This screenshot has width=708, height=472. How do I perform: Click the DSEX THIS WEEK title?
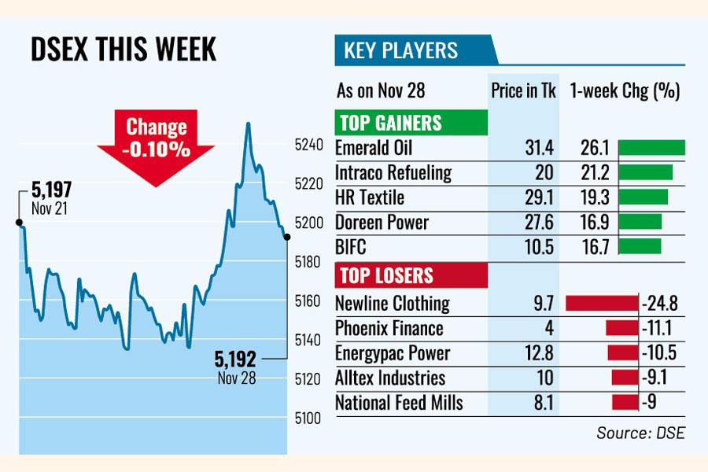pos(123,50)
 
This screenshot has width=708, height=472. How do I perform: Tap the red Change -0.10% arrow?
pos(157,142)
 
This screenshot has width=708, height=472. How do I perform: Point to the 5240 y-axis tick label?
pos(308,145)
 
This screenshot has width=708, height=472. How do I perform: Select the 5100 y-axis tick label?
pos(308,418)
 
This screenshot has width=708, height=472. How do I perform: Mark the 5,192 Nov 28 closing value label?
pos(236,367)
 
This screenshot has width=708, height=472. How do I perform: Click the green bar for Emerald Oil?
pos(651,148)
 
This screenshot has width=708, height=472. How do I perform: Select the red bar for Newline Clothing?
pos(602,303)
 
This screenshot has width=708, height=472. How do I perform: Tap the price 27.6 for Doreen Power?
pos(539,223)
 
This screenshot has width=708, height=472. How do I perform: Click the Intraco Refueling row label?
pos(393,172)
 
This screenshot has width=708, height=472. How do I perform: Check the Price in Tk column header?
pos(523,90)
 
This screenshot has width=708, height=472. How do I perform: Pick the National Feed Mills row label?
pos(399,404)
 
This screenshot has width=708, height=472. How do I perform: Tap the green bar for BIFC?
pos(640,247)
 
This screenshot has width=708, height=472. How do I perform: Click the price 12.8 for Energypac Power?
pos(539,353)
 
